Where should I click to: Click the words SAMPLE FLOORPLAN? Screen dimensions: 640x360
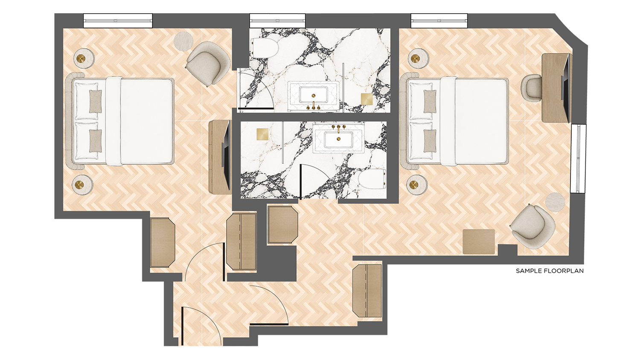click(x=550, y=271)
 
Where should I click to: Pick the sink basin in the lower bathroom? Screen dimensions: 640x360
click(x=338, y=139)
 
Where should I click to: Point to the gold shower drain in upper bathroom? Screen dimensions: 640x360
click(x=367, y=99)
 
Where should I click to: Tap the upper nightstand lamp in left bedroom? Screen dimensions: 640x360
click(x=82, y=59)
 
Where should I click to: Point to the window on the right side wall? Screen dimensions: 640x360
click(x=578, y=159)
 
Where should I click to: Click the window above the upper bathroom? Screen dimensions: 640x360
click(x=277, y=21)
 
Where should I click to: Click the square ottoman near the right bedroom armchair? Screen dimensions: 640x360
click(x=479, y=241)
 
